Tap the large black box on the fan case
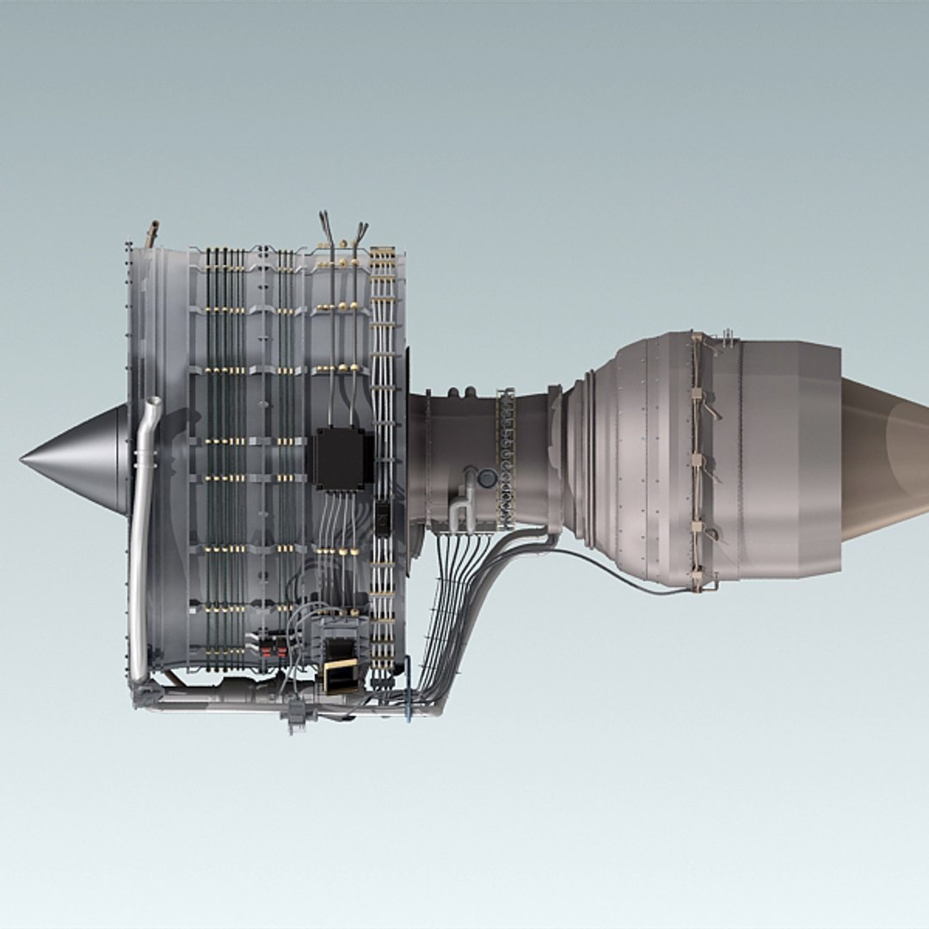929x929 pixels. click(x=338, y=458)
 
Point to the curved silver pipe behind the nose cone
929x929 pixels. click(x=142, y=533)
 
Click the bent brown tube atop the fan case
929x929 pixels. click(x=153, y=233)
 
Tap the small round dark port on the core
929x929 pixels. click(x=487, y=478)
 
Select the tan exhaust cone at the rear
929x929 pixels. click(x=886, y=459)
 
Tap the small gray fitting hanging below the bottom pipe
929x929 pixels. click(x=297, y=717)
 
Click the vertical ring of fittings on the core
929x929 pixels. click(x=506, y=456)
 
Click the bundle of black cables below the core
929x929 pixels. click(x=447, y=602)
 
